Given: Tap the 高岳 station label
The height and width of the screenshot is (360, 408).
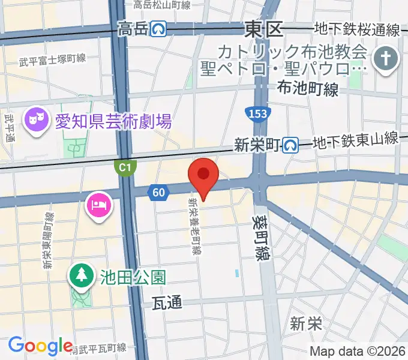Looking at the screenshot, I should [x=133, y=29].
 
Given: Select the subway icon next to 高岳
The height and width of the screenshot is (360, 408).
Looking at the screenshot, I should [x=158, y=28].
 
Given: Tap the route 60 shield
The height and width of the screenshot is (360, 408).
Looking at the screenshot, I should [x=157, y=192].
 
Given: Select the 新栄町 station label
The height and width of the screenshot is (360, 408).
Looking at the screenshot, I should [x=257, y=144].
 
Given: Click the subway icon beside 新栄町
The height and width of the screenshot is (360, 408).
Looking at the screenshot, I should [x=291, y=144].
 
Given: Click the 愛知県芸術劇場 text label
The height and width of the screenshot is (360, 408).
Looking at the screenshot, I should [x=113, y=122].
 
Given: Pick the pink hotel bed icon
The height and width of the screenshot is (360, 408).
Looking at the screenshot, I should [x=97, y=205].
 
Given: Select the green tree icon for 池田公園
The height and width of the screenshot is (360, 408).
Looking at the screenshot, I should [x=80, y=276].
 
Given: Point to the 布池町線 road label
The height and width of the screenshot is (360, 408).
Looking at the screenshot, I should [x=308, y=89].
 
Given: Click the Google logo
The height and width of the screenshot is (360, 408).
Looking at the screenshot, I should [x=40, y=346].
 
